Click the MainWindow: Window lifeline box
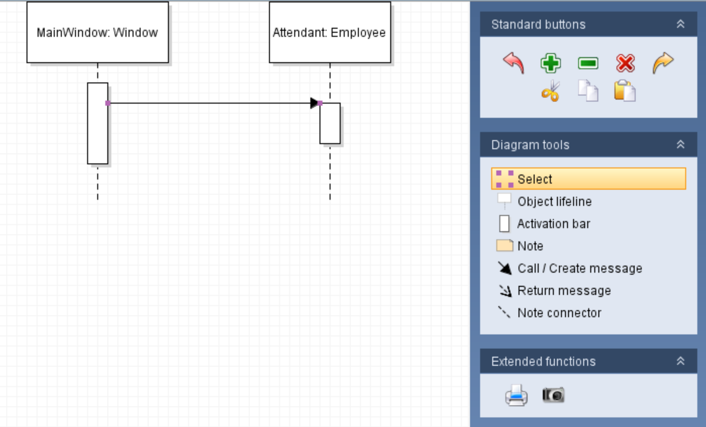97,32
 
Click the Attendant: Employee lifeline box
330,32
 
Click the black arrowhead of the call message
314,103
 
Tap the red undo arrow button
513,63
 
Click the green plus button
550,63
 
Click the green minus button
588,63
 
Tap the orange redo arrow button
663,63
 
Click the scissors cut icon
550,91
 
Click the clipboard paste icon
624,91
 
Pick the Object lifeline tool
554,202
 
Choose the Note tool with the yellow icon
530,246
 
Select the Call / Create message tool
579,268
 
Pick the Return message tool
564,291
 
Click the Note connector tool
559,313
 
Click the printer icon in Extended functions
516,395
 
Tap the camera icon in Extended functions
553,395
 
